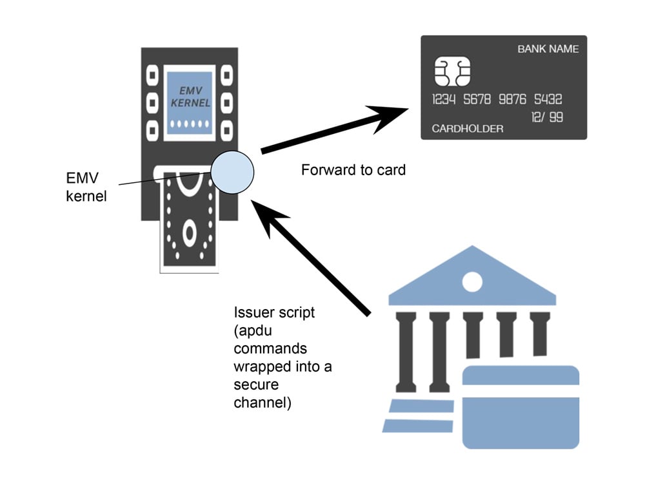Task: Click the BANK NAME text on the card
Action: coord(548,49)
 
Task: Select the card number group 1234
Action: coord(444,100)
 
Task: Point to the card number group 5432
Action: coord(548,100)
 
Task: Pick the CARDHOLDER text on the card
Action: coord(467,129)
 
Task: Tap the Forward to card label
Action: coord(353,171)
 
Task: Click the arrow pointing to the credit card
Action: coord(335,129)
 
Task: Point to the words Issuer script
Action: coord(273,313)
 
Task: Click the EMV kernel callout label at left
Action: coord(86,186)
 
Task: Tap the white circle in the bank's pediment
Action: coord(472,281)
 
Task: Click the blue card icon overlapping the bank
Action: coord(521,406)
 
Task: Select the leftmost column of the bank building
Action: coord(408,352)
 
